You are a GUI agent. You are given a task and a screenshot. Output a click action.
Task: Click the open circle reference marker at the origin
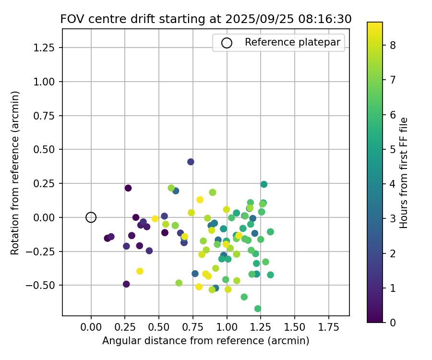pos(91,217)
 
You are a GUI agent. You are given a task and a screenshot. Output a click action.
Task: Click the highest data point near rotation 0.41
pos(191,162)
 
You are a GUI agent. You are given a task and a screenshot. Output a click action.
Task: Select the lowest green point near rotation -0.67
pos(258,309)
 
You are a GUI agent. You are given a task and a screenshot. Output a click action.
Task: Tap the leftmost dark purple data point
pos(108,238)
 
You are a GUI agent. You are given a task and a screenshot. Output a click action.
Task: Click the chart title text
pos(206,19)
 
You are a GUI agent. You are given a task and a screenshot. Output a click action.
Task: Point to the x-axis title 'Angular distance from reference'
pos(205,341)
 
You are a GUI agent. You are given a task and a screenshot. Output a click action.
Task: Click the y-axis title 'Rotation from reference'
pos(15,172)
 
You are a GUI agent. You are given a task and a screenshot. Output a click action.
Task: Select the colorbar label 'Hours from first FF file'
pos(404,172)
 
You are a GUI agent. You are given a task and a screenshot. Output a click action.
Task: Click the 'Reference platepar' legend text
pos(292,42)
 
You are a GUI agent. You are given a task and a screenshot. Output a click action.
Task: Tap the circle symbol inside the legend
pos(227,43)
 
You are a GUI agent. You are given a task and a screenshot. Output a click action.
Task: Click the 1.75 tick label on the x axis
pos(329,327)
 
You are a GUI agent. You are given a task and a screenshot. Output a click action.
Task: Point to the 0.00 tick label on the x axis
pos(91,327)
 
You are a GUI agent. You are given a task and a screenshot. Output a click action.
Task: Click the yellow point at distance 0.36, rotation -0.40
pos(140,271)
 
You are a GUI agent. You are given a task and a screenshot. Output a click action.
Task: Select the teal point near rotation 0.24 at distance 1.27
pos(264,184)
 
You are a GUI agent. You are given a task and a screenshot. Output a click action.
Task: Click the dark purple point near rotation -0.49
pos(126,284)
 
